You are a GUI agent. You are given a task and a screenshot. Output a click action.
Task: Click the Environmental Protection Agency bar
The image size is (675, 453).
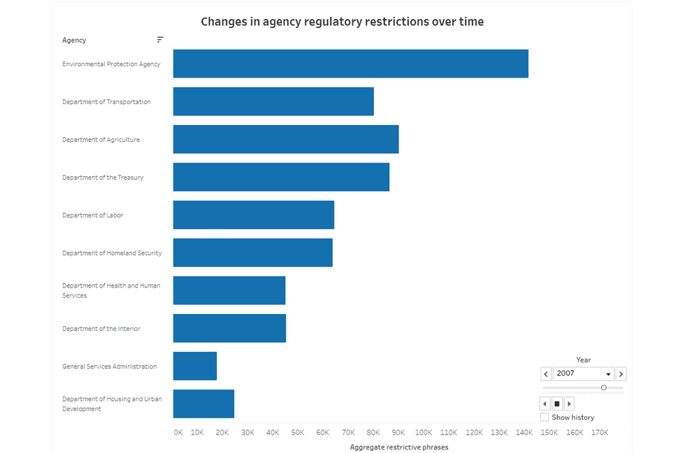(350, 63)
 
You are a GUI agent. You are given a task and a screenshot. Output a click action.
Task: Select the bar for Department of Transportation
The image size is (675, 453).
(273, 101)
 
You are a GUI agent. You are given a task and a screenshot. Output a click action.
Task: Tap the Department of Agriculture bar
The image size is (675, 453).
(286, 139)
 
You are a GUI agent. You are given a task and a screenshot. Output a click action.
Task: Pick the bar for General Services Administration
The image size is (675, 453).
(195, 366)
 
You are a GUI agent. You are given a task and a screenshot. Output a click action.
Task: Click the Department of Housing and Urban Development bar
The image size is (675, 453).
(204, 404)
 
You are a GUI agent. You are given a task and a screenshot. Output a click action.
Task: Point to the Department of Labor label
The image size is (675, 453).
(92, 215)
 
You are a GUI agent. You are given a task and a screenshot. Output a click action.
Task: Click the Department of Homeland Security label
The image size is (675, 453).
(112, 253)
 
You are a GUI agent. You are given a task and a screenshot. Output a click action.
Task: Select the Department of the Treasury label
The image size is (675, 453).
(103, 178)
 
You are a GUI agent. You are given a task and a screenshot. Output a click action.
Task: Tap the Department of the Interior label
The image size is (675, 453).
(101, 329)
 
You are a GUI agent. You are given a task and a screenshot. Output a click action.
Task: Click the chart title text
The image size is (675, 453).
(342, 22)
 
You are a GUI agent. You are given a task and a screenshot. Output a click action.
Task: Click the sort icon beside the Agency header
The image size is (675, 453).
(160, 40)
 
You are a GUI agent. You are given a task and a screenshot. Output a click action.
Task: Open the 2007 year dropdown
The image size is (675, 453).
(584, 374)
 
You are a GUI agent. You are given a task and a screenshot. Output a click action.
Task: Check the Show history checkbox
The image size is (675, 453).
(545, 418)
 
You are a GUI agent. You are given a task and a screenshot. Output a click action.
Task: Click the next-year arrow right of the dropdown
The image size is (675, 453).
(621, 374)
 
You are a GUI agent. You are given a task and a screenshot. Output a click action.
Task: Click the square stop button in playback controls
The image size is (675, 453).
(558, 404)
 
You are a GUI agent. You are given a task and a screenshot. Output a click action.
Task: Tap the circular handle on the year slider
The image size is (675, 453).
(603, 388)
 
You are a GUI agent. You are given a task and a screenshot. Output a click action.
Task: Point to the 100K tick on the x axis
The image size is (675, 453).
(424, 433)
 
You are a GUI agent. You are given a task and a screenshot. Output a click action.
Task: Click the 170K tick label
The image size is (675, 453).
(599, 433)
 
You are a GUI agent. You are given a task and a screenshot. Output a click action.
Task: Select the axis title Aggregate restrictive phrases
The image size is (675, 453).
(399, 447)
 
